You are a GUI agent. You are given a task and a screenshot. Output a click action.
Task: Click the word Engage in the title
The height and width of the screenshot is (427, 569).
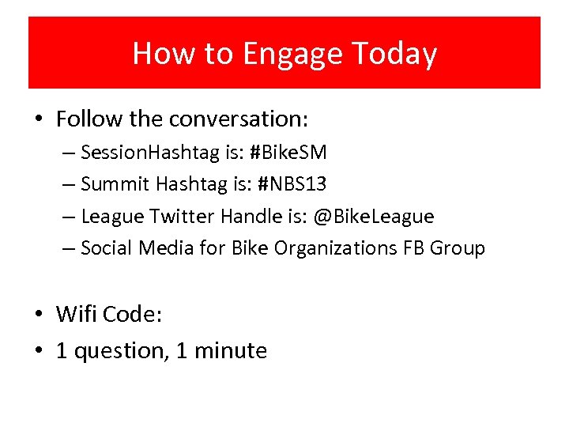tap(292, 55)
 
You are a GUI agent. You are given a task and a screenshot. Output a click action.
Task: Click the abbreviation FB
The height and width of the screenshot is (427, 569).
tap(413, 248)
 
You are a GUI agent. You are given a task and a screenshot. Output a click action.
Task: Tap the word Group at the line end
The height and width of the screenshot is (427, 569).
tap(458, 248)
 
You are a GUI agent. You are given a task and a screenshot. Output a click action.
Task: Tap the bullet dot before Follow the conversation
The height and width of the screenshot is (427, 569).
tap(40, 120)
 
